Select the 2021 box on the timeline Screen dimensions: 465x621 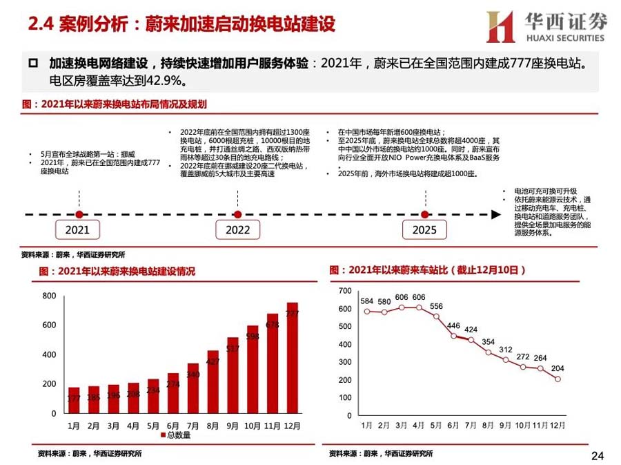coord(77,229)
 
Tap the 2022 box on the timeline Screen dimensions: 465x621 coord(238,229)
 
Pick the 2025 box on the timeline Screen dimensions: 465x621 coord(424,229)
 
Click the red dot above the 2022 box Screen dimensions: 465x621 coord(238,214)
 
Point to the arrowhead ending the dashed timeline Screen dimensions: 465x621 coord(495,214)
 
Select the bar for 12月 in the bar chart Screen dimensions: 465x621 coord(293,358)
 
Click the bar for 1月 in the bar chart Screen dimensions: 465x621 coord(74,400)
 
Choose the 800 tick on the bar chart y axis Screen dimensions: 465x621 coord(49,296)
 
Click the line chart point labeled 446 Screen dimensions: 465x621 coord(453,336)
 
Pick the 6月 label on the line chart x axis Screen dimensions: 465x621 coord(453,424)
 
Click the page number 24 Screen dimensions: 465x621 coord(598,455)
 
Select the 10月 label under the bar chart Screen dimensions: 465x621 coord(253,424)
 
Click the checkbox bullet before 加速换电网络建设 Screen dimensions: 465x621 coord(33,64)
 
